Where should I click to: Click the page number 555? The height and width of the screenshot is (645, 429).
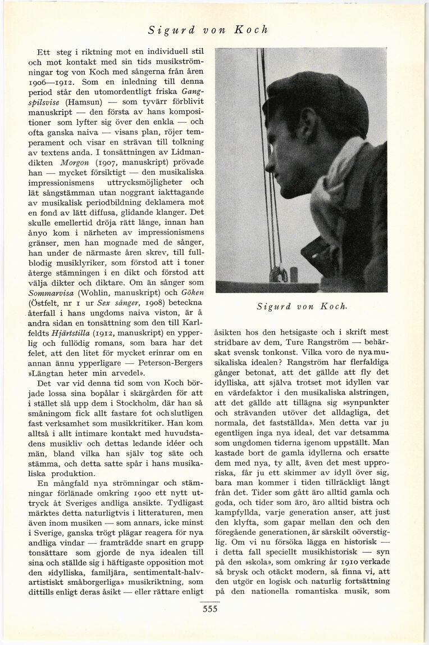point(214,610)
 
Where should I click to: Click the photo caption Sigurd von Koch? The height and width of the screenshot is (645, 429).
point(302,306)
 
